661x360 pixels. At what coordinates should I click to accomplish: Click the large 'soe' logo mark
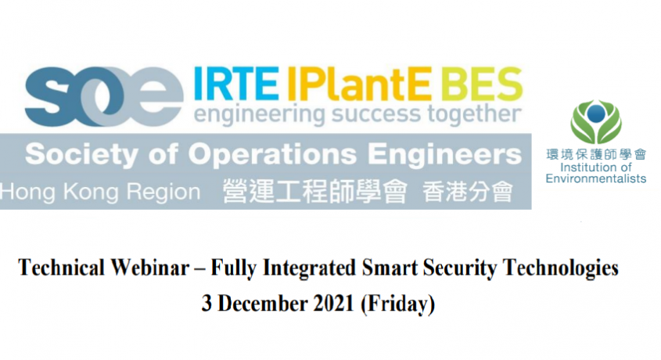(104, 96)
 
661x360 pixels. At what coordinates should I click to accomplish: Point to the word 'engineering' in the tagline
(259, 115)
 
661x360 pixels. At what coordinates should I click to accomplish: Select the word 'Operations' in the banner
(272, 155)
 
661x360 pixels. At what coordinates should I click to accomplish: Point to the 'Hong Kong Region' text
(100, 193)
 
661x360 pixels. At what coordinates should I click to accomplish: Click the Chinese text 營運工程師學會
(315, 192)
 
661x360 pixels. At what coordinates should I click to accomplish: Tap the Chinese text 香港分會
(468, 192)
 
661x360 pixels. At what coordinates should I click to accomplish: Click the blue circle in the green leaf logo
(595, 113)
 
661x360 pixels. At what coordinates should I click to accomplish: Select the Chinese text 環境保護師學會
(596, 154)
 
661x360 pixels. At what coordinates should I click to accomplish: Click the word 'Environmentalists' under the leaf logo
(596, 178)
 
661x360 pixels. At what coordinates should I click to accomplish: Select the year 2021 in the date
(333, 303)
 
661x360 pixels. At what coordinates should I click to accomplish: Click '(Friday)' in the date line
(397, 304)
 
